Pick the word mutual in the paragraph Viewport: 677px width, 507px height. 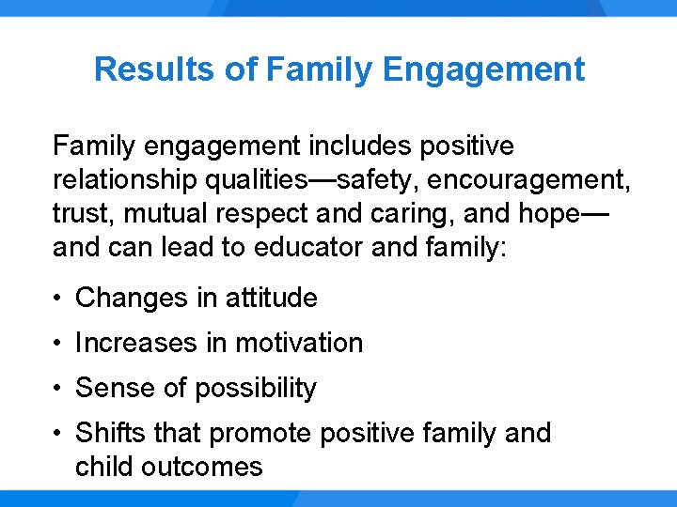pos(157,213)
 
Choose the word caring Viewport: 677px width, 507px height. pos(413,213)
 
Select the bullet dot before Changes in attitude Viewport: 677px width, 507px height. pos(58,299)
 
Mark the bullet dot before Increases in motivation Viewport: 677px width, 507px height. pos(58,344)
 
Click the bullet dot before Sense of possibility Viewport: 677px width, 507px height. pos(58,389)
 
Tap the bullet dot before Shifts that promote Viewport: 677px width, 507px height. pos(58,434)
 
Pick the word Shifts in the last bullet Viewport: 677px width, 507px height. pos(106,434)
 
